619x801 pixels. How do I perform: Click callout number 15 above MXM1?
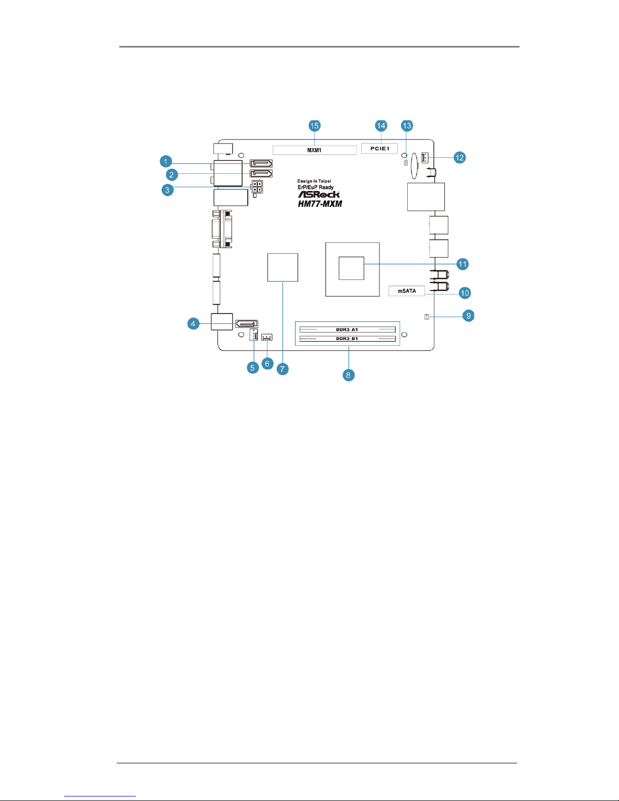click(x=314, y=126)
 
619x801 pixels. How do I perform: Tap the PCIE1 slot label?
click(x=379, y=149)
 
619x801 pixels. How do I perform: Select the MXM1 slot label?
click(x=314, y=150)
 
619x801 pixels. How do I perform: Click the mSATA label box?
click(x=407, y=291)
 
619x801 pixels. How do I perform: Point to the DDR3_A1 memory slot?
click(x=348, y=329)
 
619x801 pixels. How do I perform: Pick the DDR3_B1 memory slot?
click(x=348, y=339)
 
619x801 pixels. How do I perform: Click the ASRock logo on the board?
click(x=319, y=194)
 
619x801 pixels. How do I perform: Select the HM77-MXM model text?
click(x=320, y=204)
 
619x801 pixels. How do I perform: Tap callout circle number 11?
click(x=462, y=264)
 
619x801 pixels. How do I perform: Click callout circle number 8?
click(x=348, y=375)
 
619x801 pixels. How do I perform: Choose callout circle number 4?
click(x=193, y=324)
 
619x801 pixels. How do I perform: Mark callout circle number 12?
click(x=459, y=158)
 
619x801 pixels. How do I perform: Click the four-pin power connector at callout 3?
click(x=257, y=187)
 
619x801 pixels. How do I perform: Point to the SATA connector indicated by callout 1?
click(x=261, y=163)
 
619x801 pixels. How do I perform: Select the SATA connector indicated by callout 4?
click(x=247, y=324)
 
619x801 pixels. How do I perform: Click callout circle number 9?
click(x=468, y=315)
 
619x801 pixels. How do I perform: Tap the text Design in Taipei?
click(x=314, y=181)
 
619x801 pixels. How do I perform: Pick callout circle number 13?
click(x=407, y=126)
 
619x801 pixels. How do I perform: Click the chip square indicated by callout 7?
click(x=282, y=268)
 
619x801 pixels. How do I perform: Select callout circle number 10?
click(x=465, y=293)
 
